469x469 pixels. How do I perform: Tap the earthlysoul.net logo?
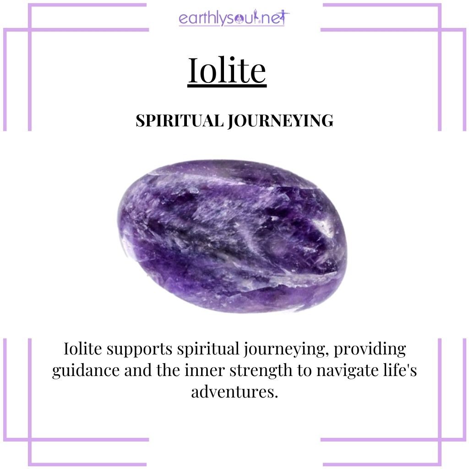tap(234, 19)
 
